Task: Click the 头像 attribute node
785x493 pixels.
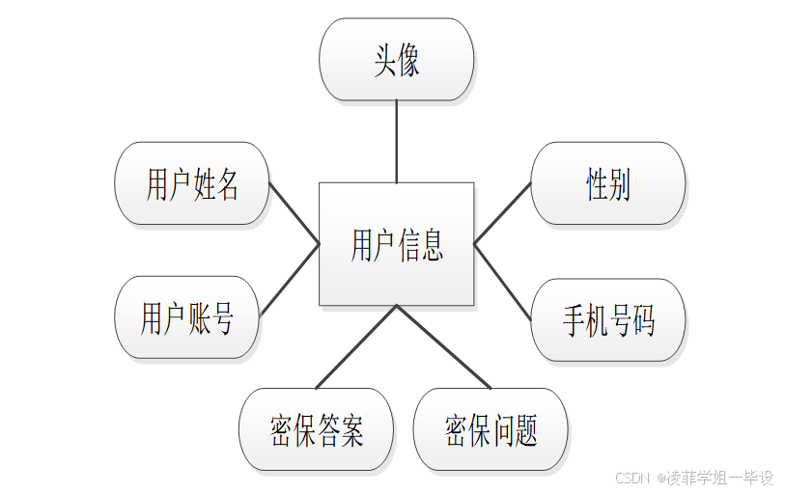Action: pyautogui.click(x=396, y=60)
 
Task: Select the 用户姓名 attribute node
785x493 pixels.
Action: pyautogui.click(x=192, y=183)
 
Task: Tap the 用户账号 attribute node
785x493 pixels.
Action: pyautogui.click(x=187, y=317)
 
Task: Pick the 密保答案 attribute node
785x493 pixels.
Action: pyautogui.click(x=316, y=429)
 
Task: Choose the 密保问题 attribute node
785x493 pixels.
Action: pyautogui.click(x=491, y=429)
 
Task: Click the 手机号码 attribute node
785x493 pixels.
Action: pyautogui.click(x=608, y=320)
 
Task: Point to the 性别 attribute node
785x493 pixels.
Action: pyautogui.click(x=608, y=183)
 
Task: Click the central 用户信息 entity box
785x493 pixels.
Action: pyautogui.click(x=396, y=244)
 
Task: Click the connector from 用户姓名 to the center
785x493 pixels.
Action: pyautogui.click(x=294, y=213)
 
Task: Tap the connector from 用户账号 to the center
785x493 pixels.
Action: pyautogui.click(x=290, y=281)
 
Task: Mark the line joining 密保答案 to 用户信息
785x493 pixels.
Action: pyautogui.click(x=356, y=346)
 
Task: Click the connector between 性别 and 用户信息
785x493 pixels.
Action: pyautogui.click(x=502, y=211)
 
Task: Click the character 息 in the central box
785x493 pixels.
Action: pyautogui.click(x=432, y=245)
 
